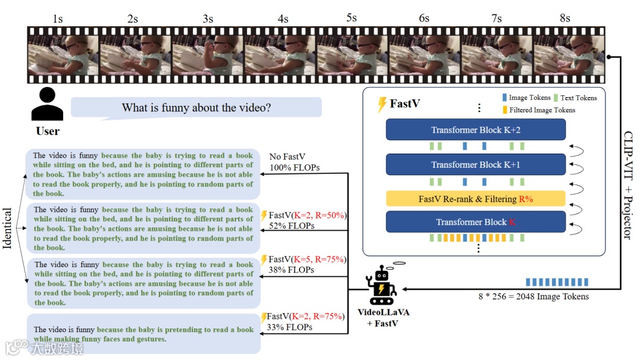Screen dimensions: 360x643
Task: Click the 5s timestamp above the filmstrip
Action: click(x=351, y=17)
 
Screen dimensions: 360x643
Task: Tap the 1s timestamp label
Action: click(x=58, y=18)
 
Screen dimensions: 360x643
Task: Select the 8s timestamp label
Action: click(x=564, y=18)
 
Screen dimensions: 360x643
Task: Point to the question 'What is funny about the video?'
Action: click(x=196, y=108)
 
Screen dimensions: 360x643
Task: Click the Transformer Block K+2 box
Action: click(x=475, y=130)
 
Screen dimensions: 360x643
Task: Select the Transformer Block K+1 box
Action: click(x=475, y=165)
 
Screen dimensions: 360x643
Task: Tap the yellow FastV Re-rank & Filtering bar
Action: click(x=475, y=199)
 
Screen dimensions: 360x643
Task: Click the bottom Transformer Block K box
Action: click(x=475, y=222)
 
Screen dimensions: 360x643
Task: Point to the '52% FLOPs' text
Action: click(x=292, y=226)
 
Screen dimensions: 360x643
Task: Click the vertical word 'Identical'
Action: click(x=8, y=228)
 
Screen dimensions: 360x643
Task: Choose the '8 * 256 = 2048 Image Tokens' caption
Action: click(x=533, y=296)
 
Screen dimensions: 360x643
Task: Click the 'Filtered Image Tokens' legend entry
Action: click(x=542, y=110)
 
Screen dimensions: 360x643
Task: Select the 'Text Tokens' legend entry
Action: click(x=578, y=98)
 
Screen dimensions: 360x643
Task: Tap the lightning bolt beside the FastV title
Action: click(x=382, y=105)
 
